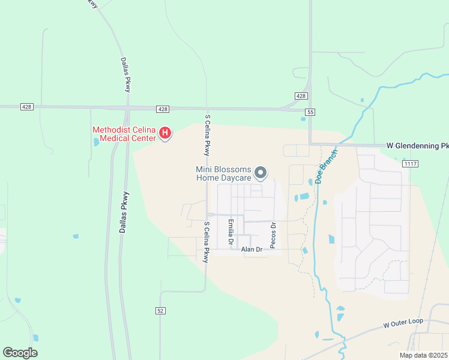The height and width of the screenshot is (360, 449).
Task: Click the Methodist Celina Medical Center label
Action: (x=124, y=134)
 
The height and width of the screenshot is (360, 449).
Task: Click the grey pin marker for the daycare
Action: (x=261, y=173)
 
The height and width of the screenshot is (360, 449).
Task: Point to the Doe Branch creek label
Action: (x=325, y=166)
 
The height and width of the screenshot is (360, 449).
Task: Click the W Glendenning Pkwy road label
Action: (x=417, y=145)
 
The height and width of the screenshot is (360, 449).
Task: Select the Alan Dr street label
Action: (x=252, y=249)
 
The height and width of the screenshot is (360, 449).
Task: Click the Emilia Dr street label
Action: (x=231, y=233)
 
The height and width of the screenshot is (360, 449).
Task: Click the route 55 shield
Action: (x=310, y=112)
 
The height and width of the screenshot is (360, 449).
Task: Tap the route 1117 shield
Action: (x=411, y=164)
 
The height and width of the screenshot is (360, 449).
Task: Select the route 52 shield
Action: (x=160, y=310)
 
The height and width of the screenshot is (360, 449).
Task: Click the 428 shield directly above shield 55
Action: (x=301, y=96)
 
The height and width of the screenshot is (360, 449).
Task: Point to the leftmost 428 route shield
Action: (x=26, y=106)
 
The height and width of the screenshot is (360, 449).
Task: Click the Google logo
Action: (x=20, y=352)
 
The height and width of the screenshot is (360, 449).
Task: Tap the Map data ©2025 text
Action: (x=423, y=355)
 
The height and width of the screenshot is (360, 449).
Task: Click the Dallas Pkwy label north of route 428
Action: (x=125, y=74)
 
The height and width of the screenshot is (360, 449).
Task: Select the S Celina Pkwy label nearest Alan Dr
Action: (x=206, y=242)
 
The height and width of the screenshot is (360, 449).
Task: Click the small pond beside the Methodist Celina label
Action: (x=97, y=143)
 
